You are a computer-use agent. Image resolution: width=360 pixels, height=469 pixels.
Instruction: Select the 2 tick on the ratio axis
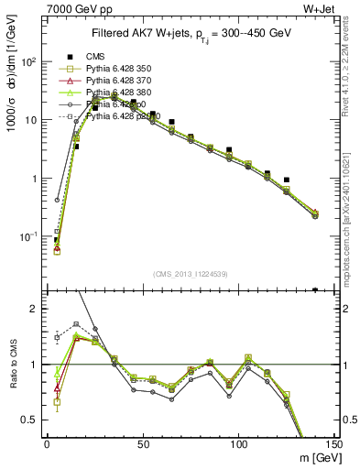[36, 309]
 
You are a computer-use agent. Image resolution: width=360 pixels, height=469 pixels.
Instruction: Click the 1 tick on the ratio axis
[36, 365]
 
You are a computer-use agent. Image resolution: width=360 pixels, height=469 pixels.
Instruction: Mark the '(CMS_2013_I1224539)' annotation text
[191, 272]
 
